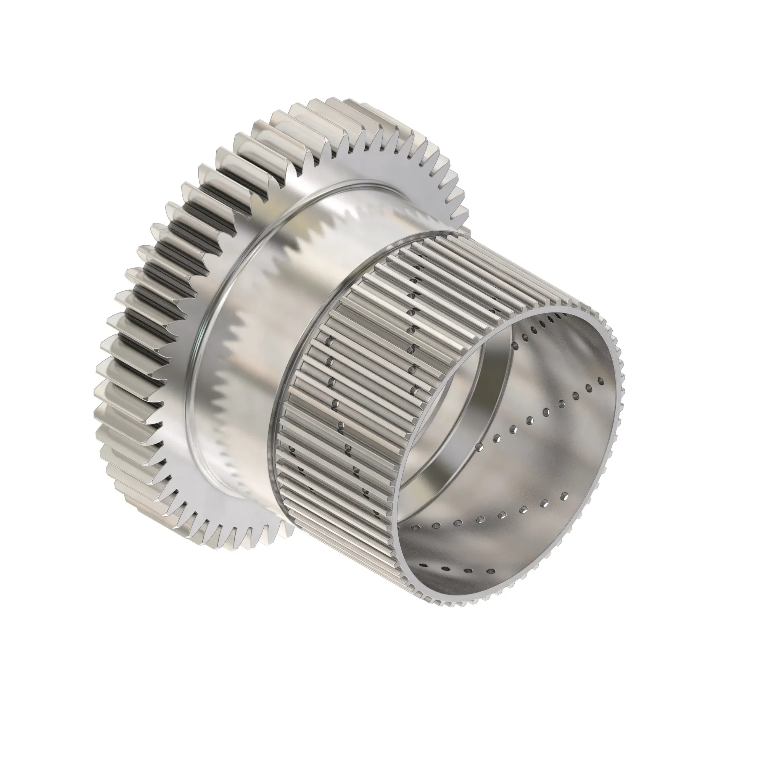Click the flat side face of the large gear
356,166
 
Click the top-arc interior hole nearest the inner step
515,346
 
